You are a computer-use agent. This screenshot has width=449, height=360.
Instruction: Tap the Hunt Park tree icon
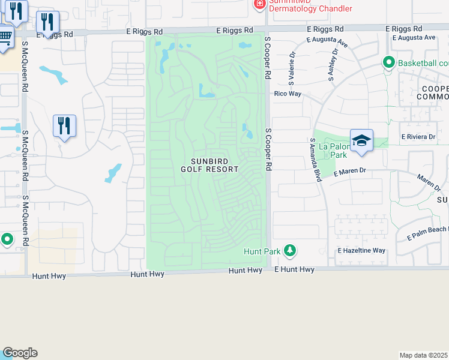coord(290,250)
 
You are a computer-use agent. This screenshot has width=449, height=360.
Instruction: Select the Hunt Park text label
coord(261,251)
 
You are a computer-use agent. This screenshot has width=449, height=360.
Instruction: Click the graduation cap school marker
coord(361,140)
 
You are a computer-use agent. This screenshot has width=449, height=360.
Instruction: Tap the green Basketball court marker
coord(389,62)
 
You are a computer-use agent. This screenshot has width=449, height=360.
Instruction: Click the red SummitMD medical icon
coord(259,5)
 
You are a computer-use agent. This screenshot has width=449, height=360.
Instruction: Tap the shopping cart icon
coord(5,36)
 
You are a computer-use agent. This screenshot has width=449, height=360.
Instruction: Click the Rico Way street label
coord(288,94)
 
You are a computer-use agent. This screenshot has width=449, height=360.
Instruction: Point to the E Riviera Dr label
coord(418,137)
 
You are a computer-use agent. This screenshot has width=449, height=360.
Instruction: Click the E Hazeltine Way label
coord(361,250)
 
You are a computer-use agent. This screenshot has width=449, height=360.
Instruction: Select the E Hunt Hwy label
coord(294,270)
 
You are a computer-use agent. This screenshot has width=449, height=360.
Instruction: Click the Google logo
coord(20,353)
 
